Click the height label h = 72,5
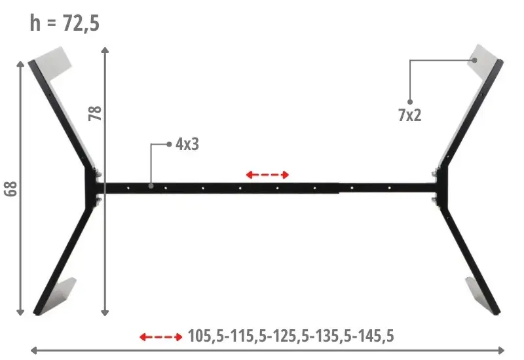point(64,23)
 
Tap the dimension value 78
point(95,113)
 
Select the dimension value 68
point(10,189)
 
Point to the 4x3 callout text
point(187,144)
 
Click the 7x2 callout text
point(410,115)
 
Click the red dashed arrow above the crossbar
point(267,174)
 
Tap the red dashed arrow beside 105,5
point(160,337)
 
